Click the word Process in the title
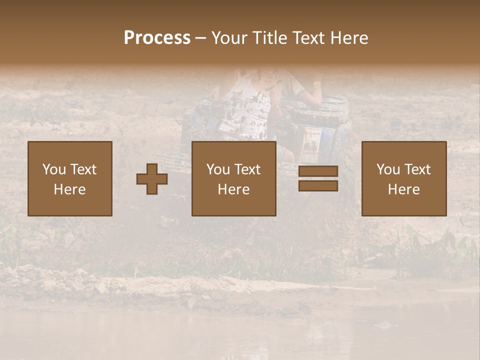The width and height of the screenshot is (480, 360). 157,38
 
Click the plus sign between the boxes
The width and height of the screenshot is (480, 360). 152,179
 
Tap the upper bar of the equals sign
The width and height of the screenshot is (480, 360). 318,171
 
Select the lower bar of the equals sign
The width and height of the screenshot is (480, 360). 318,186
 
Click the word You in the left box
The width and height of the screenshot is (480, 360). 54,169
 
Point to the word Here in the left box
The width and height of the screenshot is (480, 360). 69,189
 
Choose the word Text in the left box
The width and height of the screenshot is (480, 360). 82,169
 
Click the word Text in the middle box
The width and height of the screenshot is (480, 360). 247,169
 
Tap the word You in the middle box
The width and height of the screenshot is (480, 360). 218,169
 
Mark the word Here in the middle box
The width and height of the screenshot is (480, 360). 233,189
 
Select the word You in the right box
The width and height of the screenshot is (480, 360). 388,169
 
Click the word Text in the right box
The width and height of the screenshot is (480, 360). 417,169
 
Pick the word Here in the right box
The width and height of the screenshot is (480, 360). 403,189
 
